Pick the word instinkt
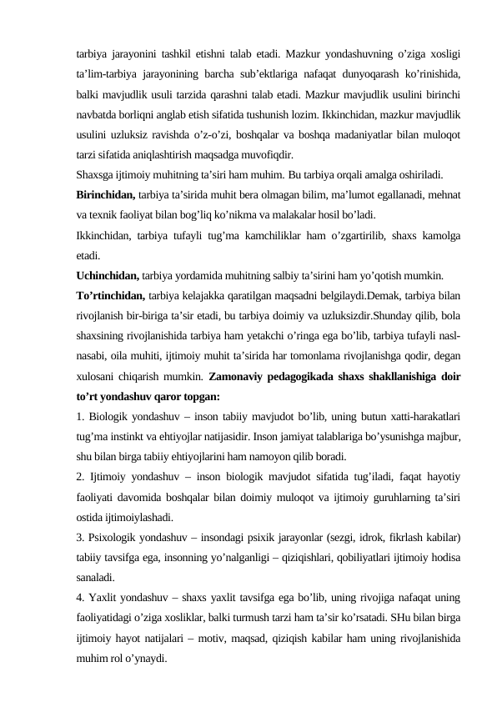[x=133, y=436]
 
